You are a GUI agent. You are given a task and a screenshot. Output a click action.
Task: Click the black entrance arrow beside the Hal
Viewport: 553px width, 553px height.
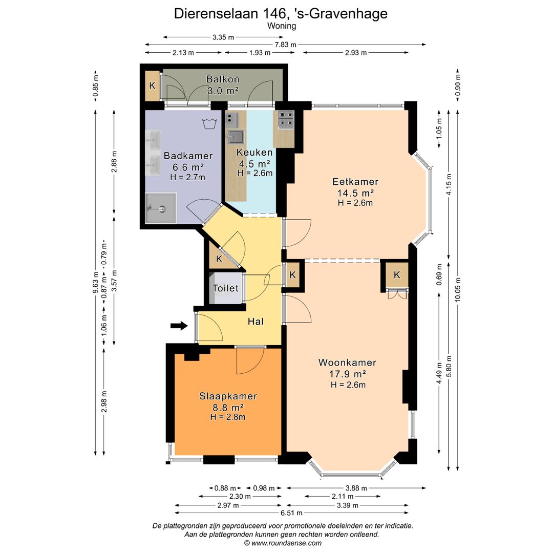(x=179, y=326)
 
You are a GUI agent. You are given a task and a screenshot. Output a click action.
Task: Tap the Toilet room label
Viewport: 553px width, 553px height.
(x=226, y=288)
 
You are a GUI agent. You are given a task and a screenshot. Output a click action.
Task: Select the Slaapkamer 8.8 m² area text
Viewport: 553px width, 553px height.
(x=228, y=407)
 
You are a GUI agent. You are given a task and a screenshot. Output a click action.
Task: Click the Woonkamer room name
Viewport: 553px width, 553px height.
(x=347, y=363)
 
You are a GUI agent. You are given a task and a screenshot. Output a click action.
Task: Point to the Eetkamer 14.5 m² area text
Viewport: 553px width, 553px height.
(x=355, y=193)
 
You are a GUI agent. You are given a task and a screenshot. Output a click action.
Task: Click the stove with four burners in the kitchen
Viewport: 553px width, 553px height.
(x=285, y=119)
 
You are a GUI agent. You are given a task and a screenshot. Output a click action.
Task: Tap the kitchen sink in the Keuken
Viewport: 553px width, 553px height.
(x=236, y=136)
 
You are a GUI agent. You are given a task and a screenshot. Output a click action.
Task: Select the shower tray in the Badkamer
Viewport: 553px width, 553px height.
(x=160, y=208)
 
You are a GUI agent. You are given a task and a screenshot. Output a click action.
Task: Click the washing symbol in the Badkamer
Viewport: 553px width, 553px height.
(x=208, y=123)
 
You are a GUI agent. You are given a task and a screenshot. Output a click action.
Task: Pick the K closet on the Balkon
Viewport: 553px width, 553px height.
(x=152, y=86)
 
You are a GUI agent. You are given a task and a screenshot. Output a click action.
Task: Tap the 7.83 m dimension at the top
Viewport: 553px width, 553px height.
(x=285, y=45)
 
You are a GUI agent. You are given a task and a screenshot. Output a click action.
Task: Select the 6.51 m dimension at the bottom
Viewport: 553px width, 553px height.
(x=292, y=513)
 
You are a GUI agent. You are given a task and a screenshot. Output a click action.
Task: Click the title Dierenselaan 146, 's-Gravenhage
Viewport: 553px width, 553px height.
(x=281, y=14)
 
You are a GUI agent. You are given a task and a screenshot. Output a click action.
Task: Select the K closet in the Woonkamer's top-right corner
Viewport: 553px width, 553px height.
(x=397, y=275)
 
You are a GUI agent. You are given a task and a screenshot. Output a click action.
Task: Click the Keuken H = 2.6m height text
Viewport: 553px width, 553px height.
(x=254, y=173)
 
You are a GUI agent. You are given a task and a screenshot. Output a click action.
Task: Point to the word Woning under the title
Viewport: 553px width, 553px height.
(x=282, y=25)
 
